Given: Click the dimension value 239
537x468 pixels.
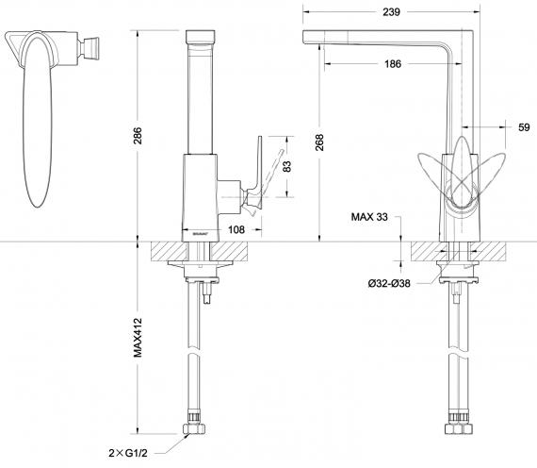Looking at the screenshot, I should [x=393, y=12].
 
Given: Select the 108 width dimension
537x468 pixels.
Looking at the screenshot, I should [x=236, y=229].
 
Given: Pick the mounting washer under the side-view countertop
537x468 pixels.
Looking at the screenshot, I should [x=199, y=267].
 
